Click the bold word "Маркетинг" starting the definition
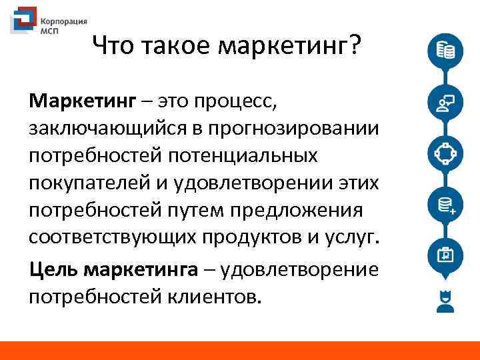[81, 101]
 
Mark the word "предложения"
[297, 211]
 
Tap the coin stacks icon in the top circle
[445, 51]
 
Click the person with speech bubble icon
[445, 102]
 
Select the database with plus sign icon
[445, 204]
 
